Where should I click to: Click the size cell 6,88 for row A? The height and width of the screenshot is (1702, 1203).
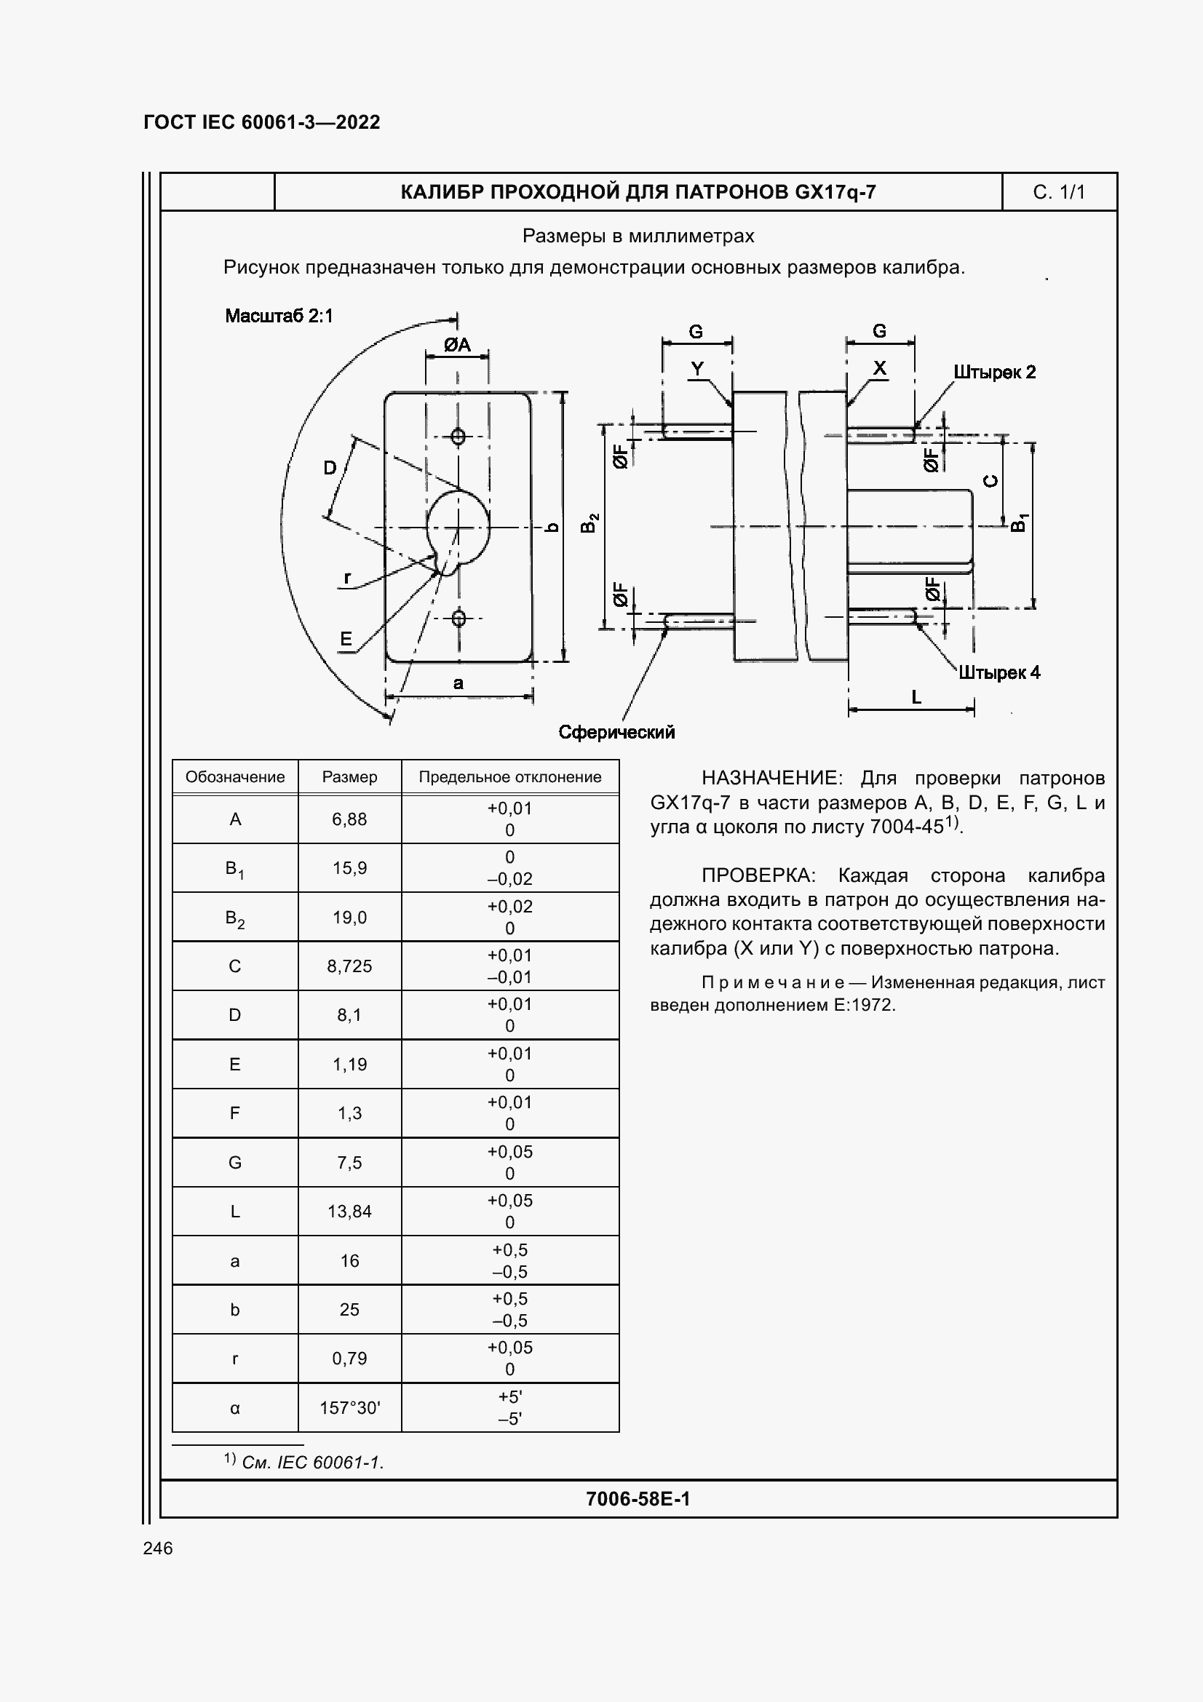tap(349, 819)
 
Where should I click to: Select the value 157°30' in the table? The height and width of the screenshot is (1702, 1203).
tap(349, 1408)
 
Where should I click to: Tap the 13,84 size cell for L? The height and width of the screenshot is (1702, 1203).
tap(349, 1212)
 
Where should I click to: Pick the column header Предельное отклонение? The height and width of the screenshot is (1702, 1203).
tap(510, 777)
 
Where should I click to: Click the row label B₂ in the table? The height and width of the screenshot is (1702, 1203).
tap(235, 918)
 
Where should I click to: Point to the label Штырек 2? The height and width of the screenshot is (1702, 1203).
tap(994, 372)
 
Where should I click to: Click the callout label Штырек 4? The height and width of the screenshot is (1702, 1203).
tap(999, 672)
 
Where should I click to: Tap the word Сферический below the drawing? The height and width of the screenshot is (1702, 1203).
tap(616, 733)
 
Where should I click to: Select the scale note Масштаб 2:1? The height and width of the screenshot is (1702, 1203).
tap(279, 316)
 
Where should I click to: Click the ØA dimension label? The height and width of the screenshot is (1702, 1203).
tap(457, 345)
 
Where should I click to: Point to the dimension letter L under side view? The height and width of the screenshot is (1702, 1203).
tap(916, 697)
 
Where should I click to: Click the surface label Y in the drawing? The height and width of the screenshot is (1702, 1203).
tap(696, 368)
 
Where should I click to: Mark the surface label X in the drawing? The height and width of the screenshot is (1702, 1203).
tap(880, 367)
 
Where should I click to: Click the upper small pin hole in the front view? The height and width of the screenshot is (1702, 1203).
tap(458, 437)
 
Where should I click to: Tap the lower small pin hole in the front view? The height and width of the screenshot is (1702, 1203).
tap(458, 618)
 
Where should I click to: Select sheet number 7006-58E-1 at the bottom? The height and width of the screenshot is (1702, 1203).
tap(638, 1499)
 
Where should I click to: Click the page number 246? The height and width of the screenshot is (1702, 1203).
tap(158, 1548)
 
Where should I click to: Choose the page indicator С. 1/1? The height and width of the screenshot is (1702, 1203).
tap(1058, 193)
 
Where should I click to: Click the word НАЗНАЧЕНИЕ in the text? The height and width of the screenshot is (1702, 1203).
tap(770, 778)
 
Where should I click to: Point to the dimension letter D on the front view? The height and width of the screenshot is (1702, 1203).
tap(330, 468)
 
